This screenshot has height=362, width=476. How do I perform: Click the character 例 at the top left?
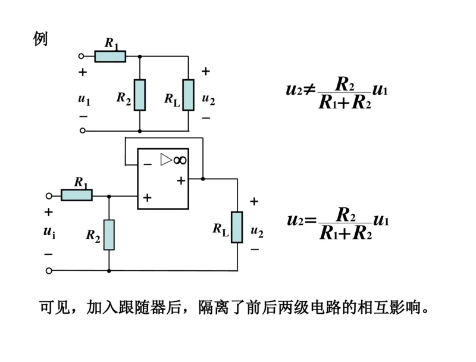40,39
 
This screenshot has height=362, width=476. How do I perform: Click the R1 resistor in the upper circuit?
110,57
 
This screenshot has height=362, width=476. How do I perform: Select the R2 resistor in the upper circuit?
139,95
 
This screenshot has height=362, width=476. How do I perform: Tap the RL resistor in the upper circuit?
188,95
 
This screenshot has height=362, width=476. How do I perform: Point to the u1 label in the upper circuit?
84,99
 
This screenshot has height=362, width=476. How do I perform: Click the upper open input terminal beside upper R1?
82,57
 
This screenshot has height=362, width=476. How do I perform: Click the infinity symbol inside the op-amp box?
180,160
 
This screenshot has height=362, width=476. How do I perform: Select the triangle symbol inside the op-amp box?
166,160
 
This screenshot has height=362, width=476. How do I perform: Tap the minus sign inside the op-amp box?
148,163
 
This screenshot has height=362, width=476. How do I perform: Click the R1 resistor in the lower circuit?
77,195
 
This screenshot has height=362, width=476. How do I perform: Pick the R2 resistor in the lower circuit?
109,234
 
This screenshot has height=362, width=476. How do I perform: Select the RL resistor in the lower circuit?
237,227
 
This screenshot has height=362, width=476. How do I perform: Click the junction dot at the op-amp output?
203,178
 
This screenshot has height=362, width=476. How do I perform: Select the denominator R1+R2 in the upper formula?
345,102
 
